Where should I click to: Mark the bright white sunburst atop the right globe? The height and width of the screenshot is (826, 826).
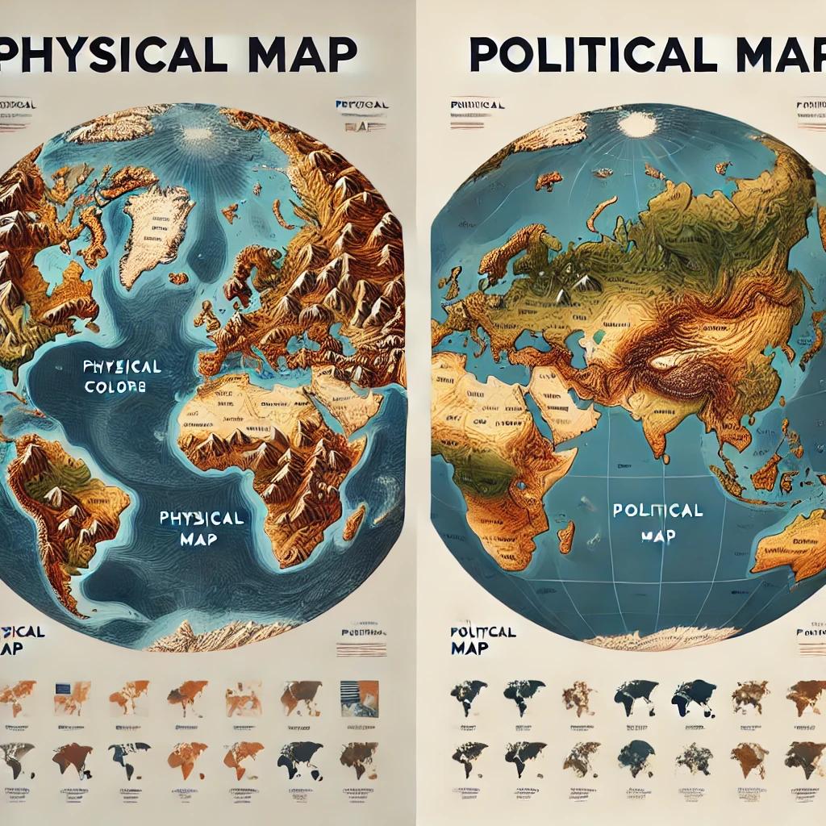point(637,123)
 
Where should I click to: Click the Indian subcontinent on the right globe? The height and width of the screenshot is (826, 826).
point(645,419)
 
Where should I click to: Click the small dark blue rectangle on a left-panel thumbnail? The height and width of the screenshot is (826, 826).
point(65,689)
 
